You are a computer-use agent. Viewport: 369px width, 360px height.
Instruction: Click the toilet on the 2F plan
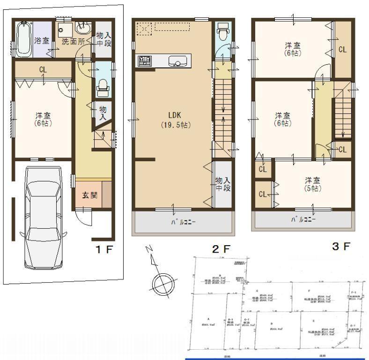[x=222, y=33]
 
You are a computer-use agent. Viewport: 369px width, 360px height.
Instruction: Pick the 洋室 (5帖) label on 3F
[x=313, y=184]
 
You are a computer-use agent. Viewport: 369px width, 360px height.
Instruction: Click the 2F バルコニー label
[x=183, y=222]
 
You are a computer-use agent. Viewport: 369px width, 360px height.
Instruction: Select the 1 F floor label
[x=105, y=249]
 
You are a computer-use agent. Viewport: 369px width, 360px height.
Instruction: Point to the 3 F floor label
[x=341, y=246]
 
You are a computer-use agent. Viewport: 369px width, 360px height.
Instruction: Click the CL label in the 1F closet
[x=43, y=70]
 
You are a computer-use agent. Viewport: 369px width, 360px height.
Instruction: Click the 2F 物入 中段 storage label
[x=222, y=184]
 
